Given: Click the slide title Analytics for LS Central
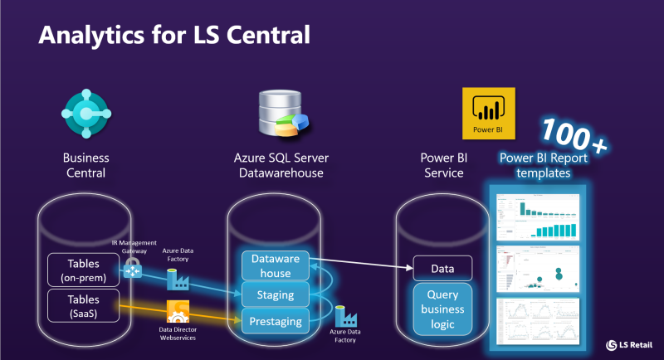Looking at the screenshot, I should pos(175,35).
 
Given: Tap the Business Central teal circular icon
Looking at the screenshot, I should pos(86,114).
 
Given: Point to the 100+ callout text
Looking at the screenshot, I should pos(572,133).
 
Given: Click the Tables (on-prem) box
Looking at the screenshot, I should pos(83,269).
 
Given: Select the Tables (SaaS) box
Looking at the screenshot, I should pos(83,304).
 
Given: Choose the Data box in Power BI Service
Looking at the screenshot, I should pos(442,268).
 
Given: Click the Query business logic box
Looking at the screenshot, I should pos(442,309).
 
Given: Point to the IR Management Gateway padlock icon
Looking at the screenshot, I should pos(133,269).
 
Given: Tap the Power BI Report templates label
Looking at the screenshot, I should pos(542,166).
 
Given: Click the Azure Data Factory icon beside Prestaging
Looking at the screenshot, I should pos(345,316).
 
